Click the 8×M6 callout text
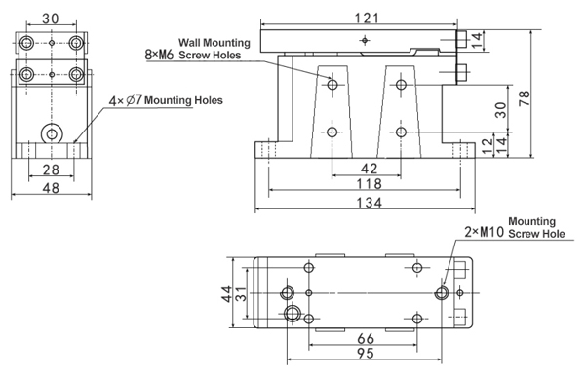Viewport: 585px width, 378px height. [x=160, y=57]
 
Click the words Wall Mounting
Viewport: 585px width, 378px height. [x=214, y=42]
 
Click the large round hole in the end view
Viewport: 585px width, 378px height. [x=49, y=133]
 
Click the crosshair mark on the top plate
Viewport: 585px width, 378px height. [x=364, y=40]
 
